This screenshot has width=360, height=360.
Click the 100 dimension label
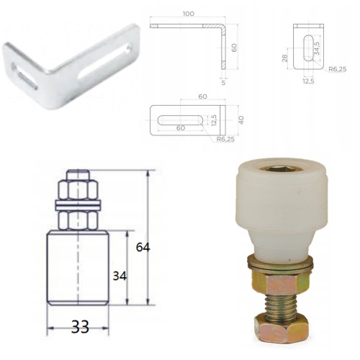189,14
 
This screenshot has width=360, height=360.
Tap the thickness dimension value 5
223,83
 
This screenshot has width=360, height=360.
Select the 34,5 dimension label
317,48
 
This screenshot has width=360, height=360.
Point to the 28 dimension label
285,58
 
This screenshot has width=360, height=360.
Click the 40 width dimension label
241,120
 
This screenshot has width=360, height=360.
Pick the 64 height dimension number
143,247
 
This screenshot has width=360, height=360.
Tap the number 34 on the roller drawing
120,276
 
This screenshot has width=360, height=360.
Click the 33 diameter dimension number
80,327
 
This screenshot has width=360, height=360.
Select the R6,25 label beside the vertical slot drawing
338,69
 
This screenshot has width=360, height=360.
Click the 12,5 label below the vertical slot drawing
308,81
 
